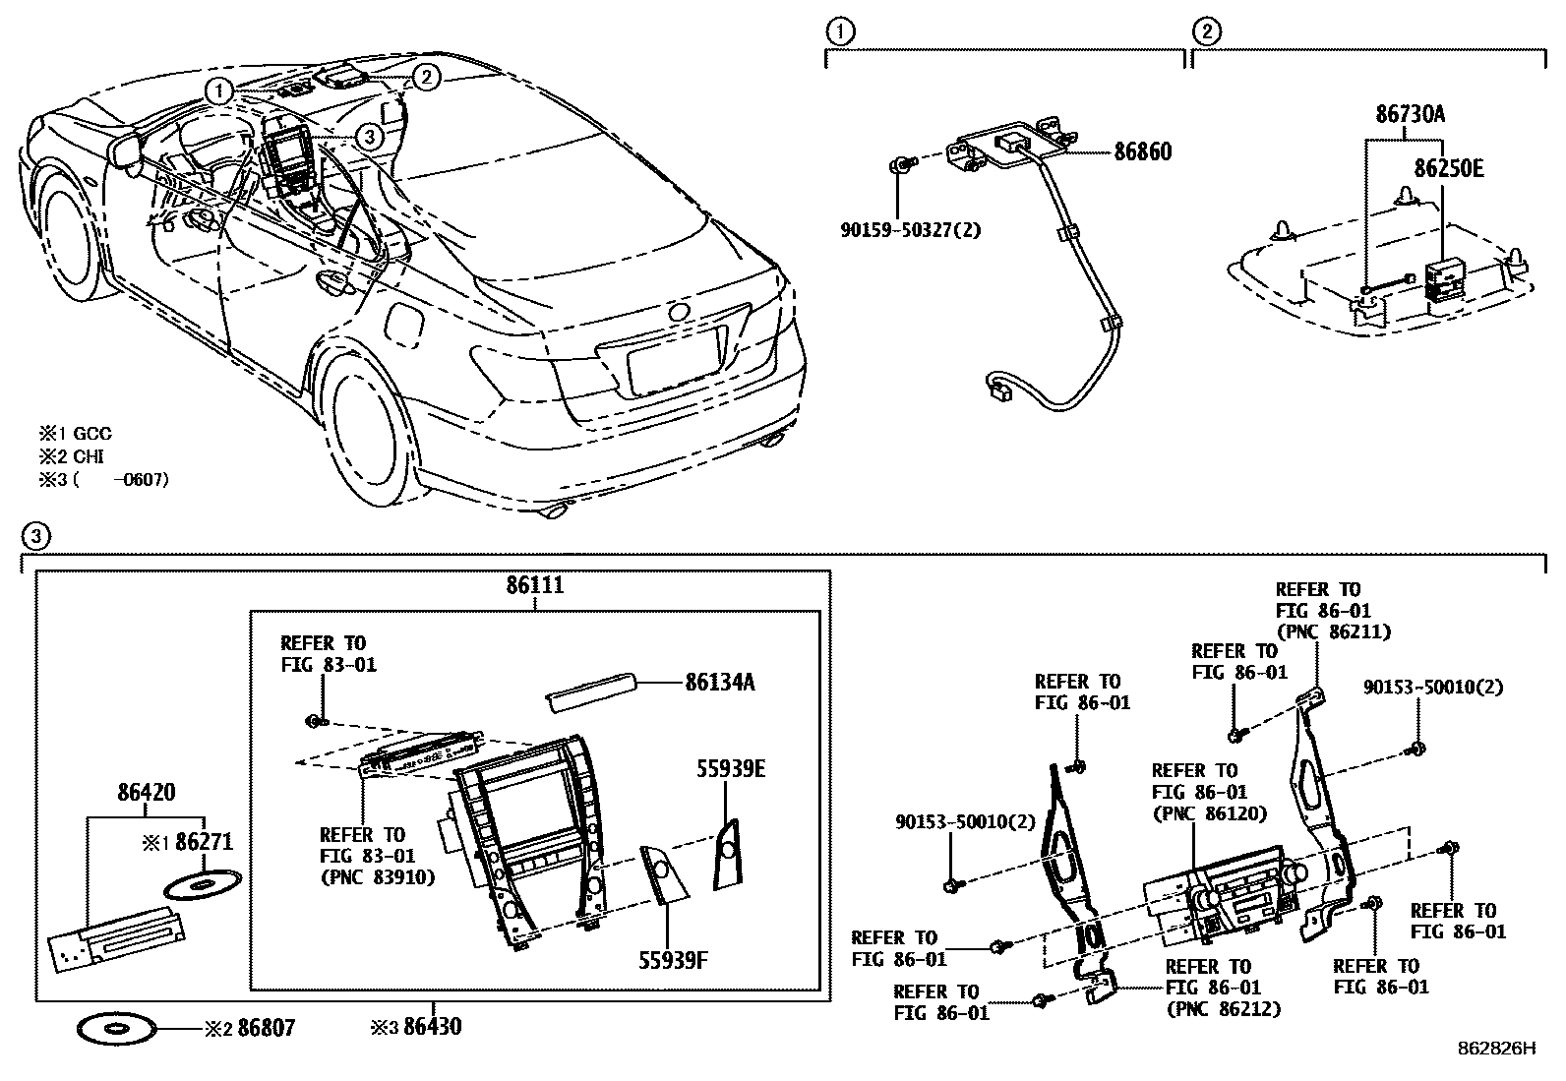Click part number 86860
point(1142,152)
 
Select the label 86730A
point(1410,114)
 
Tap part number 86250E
point(1448,168)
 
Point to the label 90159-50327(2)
point(910,230)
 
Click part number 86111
point(535,585)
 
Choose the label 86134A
point(719,682)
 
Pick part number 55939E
point(731,769)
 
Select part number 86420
point(146,792)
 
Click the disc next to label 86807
point(114,1029)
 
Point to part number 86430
point(431,1028)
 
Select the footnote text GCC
point(91,433)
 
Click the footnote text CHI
point(89,456)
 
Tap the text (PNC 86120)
point(1209,813)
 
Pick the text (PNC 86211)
point(1332,632)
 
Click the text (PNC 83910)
point(377,877)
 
